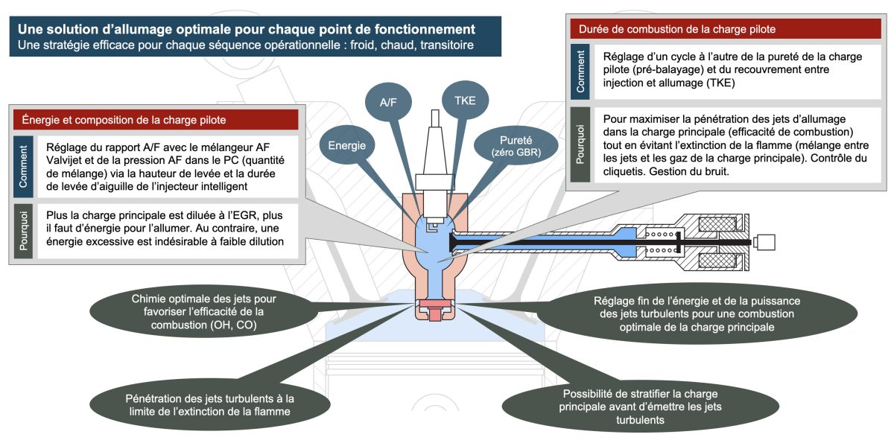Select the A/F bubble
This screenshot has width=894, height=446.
click(388, 103)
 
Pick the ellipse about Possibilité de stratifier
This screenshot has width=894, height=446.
click(641, 407)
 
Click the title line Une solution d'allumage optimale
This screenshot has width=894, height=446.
click(247, 30)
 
